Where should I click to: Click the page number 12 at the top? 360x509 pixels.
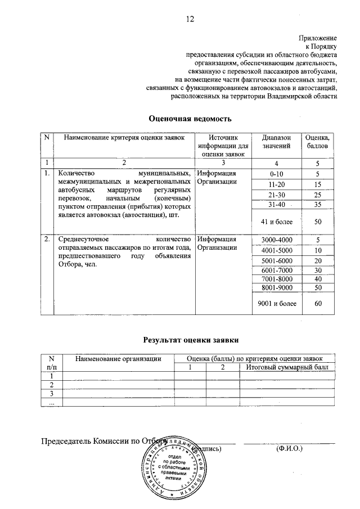tap(190, 19)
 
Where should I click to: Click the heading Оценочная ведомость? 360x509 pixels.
tap(190, 119)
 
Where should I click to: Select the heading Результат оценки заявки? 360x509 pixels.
tap(191, 340)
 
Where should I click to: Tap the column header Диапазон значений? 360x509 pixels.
tap(276, 142)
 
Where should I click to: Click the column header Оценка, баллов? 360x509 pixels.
tap(317, 142)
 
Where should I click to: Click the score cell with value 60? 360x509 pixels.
tap(317, 304)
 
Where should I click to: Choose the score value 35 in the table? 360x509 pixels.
tap(317, 204)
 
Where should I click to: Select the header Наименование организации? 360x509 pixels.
tap(119, 358)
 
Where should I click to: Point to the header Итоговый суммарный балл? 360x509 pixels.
tap(287, 367)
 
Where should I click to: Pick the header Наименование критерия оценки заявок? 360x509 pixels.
tap(123, 137)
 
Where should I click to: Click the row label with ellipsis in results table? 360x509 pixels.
tap(52, 403)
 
